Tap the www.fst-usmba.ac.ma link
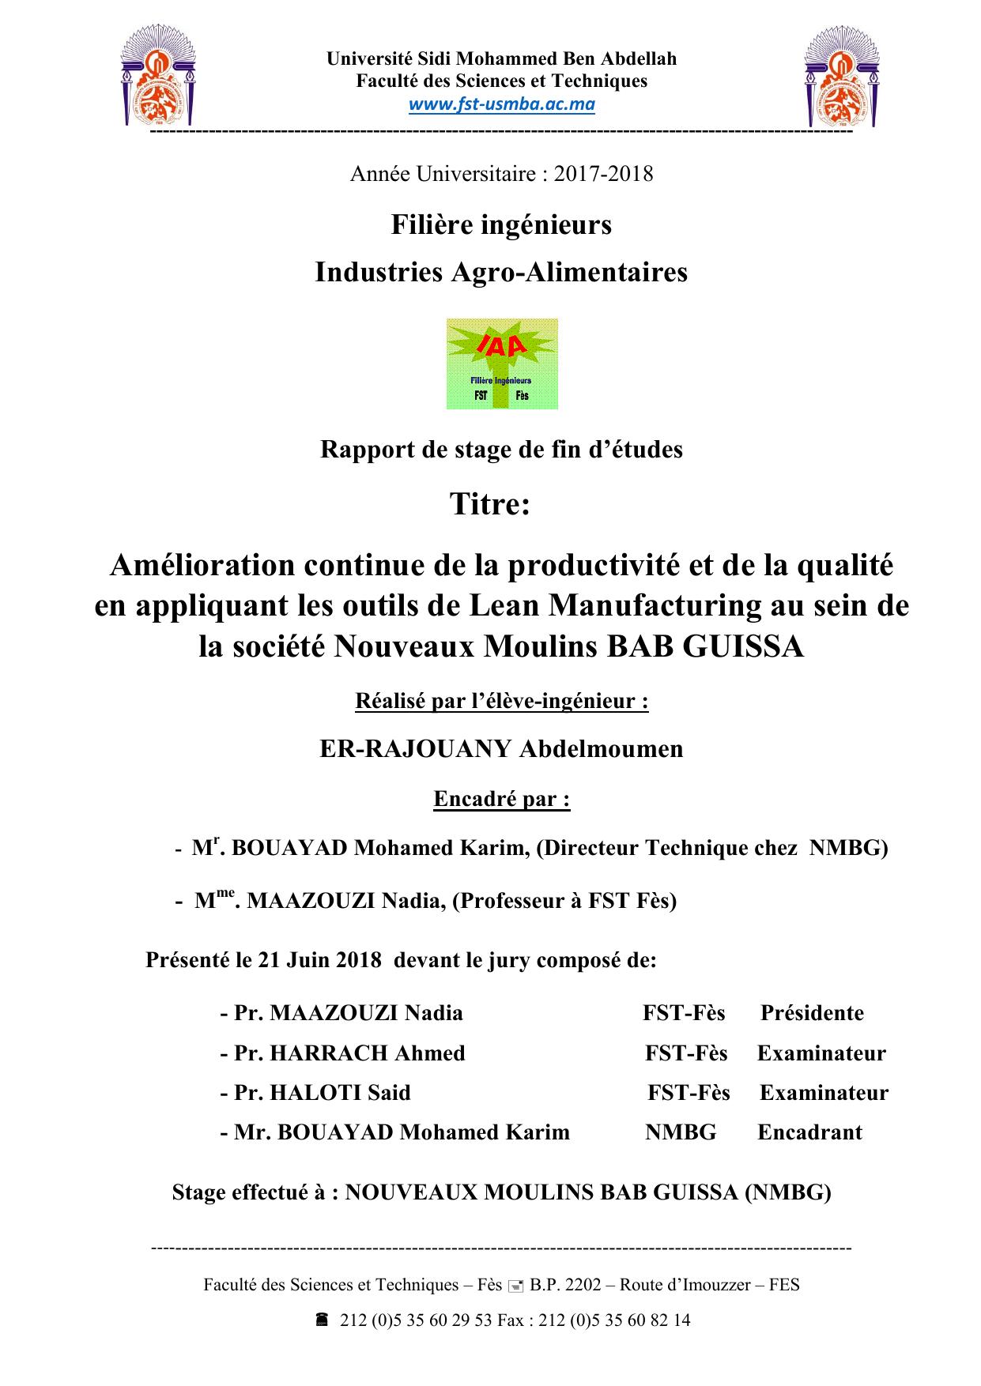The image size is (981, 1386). pyautogui.click(x=501, y=104)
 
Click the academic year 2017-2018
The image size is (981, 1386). pyautogui.click(x=603, y=174)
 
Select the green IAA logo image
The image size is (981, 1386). pyautogui.click(x=502, y=363)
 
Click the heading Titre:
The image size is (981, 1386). pyautogui.click(x=489, y=503)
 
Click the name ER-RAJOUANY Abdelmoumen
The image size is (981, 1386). pyautogui.click(x=501, y=748)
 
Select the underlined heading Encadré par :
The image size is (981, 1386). pyautogui.click(x=502, y=799)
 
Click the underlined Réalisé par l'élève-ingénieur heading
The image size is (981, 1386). pyautogui.click(x=502, y=701)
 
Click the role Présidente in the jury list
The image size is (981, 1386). pyautogui.click(x=812, y=1013)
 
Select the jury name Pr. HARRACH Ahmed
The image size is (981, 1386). pyautogui.click(x=349, y=1053)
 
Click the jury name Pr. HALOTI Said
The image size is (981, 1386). pyautogui.click(x=322, y=1092)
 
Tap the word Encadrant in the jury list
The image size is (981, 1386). pyautogui.click(x=809, y=1132)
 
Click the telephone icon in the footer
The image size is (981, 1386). pyautogui.click(x=322, y=1320)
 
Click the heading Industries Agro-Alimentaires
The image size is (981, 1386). pyautogui.click(x=501, y=272)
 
